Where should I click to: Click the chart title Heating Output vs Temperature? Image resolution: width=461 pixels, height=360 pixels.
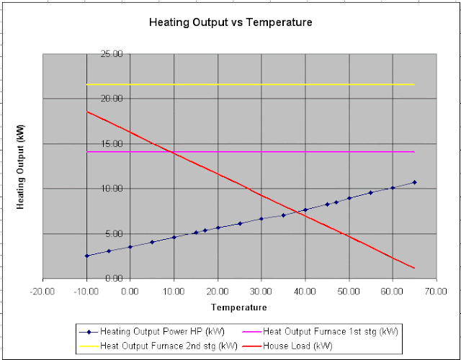pyautogui.click(x=230, y=22)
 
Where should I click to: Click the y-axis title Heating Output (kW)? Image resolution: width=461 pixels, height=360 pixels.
pyautogui.click(x=21, y=166)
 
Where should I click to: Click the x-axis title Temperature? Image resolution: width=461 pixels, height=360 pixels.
pyautogui.click(x=240, y=307)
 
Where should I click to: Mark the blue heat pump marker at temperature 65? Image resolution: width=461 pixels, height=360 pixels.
pyautogui.click(x=414, y=182)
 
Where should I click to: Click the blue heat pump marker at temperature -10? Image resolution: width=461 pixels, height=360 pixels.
pyautogui.click(x=86, y=256)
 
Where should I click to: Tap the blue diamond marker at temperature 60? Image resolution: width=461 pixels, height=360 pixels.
pyautogui.click(x=393, y=188)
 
